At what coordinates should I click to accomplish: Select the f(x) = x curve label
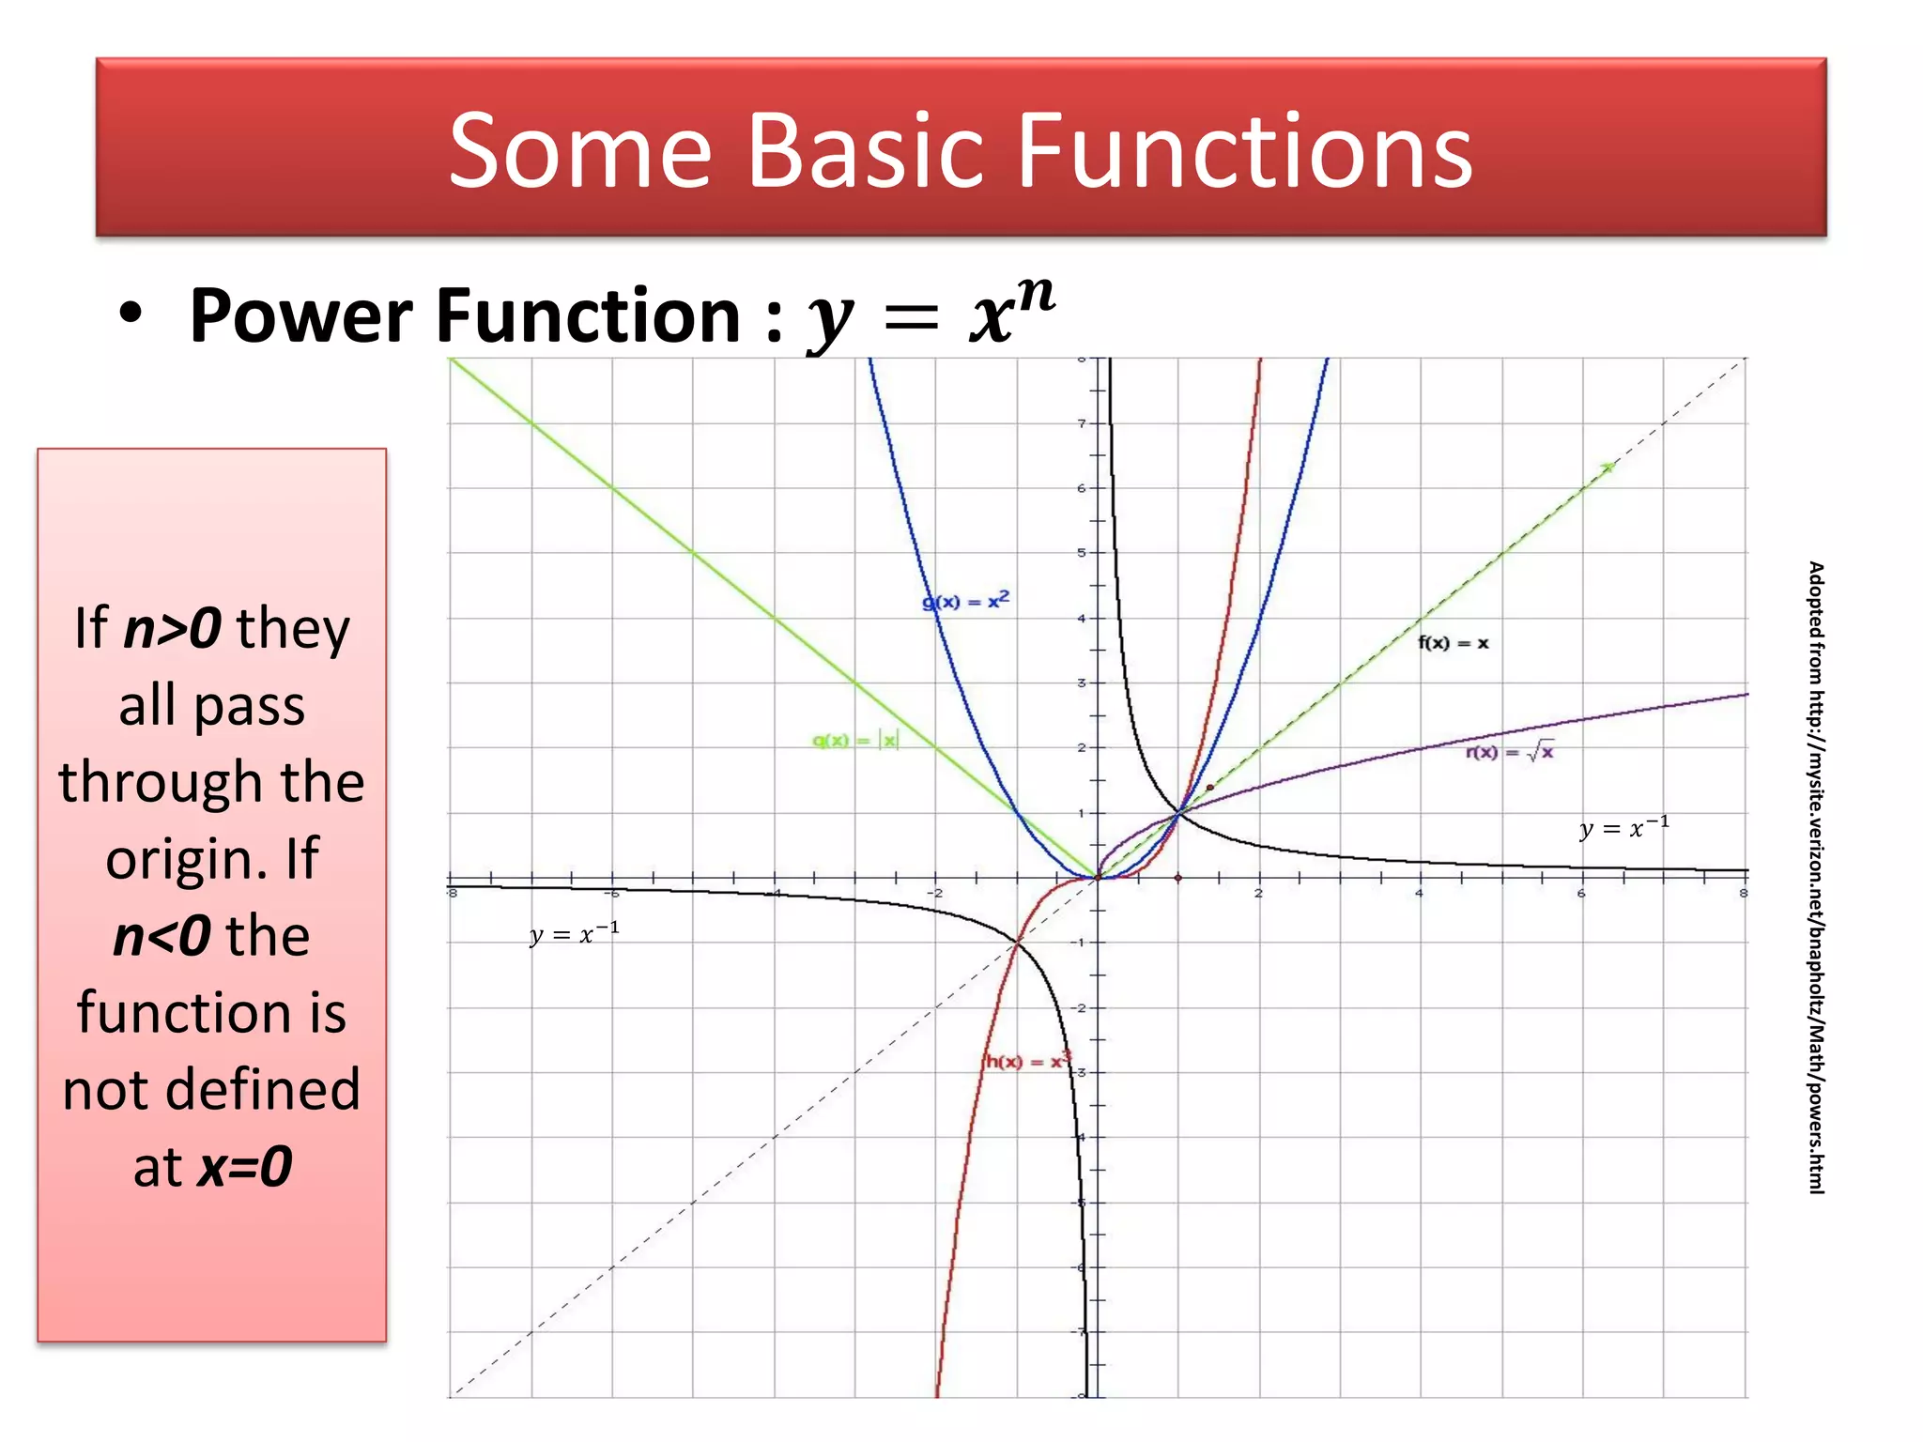point(1453,643)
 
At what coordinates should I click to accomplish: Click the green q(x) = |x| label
point(855,741)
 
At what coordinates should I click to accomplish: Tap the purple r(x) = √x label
point(1509,752)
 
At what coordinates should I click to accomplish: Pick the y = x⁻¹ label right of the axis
point(1623,827)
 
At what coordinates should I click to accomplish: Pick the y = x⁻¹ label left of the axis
point(574,933)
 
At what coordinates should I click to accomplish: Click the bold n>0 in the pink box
point(173,628)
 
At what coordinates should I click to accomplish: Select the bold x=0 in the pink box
point(245,1167)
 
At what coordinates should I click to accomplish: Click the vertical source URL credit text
point(1816,878)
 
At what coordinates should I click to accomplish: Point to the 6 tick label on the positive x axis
point(1581,894)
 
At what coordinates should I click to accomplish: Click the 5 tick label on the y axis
point(1082,553)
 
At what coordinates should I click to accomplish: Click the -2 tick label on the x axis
point(935,894)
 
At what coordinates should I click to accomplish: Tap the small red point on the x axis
point(1178,878)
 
